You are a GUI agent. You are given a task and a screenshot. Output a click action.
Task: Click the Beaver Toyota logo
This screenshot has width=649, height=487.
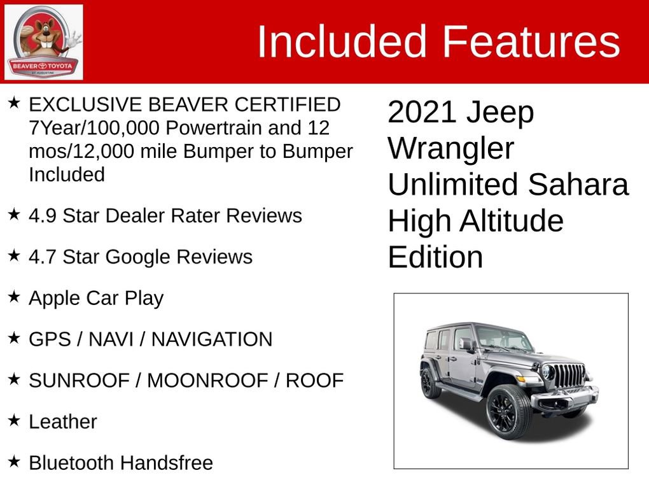point(44,42)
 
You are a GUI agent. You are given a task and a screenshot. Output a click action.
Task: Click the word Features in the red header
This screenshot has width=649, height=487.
point(531,41)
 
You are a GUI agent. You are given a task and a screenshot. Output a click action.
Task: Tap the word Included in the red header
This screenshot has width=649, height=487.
point(342,41)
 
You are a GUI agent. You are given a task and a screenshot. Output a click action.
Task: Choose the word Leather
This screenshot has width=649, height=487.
point(63,421)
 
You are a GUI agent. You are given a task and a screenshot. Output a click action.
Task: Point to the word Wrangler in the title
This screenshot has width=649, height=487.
point(450,148)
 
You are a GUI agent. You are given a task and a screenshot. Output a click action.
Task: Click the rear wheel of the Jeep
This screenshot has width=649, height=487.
point(431,383)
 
